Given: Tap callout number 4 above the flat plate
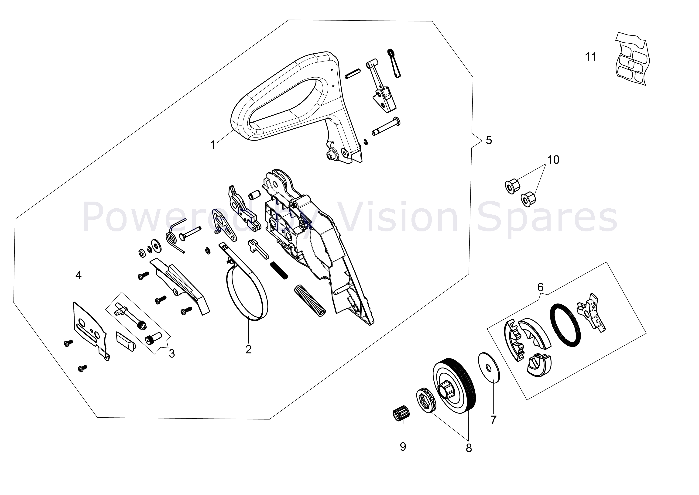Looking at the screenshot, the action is point(78,275).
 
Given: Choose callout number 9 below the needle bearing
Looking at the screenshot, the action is point(403,447).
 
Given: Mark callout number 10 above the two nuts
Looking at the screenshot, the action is point(553,160).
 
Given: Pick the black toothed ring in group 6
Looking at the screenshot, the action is point(565,325).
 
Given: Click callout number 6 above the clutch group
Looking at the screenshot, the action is point(540,287).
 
